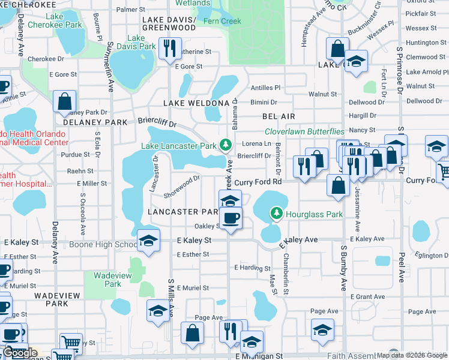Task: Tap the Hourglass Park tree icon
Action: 276,213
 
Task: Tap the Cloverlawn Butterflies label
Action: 305,131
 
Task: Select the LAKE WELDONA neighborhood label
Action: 196,103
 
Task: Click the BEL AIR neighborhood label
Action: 279,116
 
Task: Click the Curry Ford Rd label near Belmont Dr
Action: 258,182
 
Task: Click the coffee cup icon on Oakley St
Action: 229,218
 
